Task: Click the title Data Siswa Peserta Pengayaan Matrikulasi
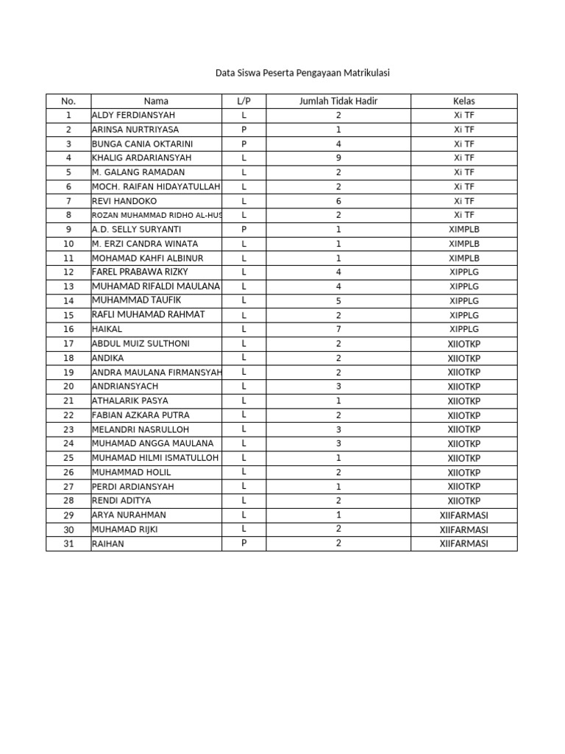pyautogui.click(x=302, y=73)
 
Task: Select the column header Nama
pyautogui.click(x=156, y=101)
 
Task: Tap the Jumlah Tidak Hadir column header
pyautogui.click(x=338, y=101)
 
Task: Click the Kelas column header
pyautogui.click(x=463, y=101)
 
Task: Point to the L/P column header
pyautogui.click(x=244, y=101)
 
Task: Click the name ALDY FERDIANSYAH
pyautogui.click(x=133, y=115)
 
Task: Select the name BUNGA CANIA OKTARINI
pyautogui.click(x=142, y=144)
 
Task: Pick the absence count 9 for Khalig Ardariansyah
pyautogui.click(x=338, y=158)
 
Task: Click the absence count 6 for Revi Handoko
pyautogui.click(x=338, y=201)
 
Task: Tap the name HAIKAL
pyautogui.click(x=107, y=329)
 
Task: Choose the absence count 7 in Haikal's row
pyautogui.click(x=338, y=329)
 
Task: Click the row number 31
pyautogui.click(x=68, y=544)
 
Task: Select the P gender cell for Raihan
pyautogui.click(x=244, y=543)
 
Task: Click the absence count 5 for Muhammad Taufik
pyautogui.click(x=338, y=300)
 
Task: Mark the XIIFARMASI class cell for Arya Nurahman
pyautogui.click(x=463, y=515)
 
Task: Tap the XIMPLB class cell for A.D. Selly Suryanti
pyautogui.click(x=463, y=229)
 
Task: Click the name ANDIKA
pyautogui.click(x=107, y=358)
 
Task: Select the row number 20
pyautogui.click(x=68, y=387)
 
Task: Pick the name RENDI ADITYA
pyautogui.click(x=121, y=501)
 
